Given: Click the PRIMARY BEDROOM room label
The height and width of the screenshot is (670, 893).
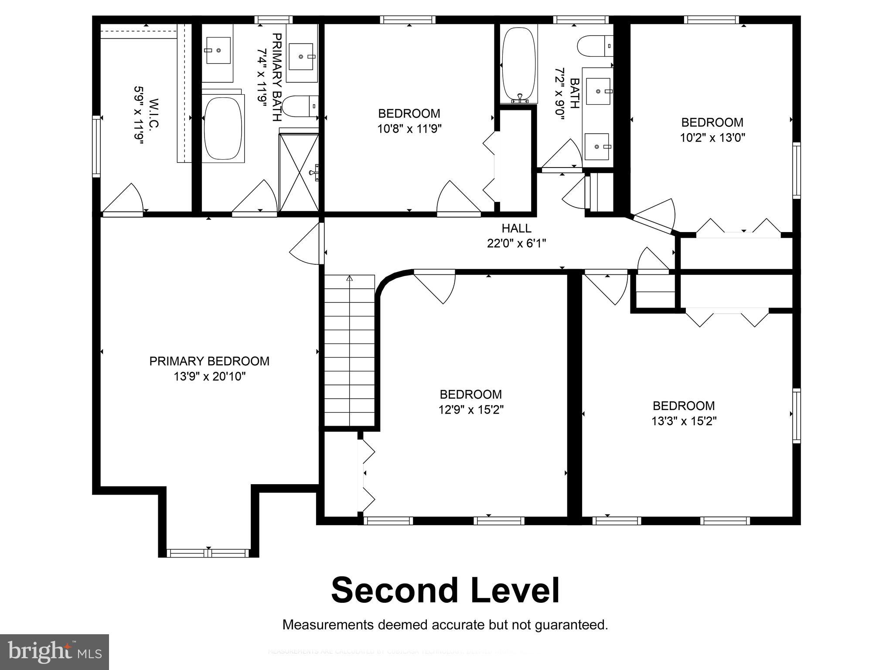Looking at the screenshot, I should [209, 361].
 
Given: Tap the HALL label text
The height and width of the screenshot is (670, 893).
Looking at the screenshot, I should [516, 228].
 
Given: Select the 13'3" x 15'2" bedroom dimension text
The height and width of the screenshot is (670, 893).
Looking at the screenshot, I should [684, 421].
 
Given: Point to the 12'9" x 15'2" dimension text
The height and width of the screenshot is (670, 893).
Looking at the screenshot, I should [471, 410].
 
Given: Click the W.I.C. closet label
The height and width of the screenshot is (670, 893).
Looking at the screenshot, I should [154, 114].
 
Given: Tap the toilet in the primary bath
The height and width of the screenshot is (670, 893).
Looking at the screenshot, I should [299, 106].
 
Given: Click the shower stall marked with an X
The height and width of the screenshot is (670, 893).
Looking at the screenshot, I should [299, 173].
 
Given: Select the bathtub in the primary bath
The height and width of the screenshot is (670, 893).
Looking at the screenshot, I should [223, 128].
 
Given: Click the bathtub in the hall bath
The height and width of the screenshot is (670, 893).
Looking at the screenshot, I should [518, 63].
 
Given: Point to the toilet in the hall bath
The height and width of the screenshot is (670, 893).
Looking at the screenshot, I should [595, 46].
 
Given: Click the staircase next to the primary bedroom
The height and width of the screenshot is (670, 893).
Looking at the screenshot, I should [349, 349].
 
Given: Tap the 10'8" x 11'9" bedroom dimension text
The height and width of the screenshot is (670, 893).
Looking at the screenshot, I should [409, 129].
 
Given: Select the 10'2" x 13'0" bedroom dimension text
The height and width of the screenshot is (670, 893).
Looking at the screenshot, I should [712, 138].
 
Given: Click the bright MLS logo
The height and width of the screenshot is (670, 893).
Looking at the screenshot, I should [54, 652].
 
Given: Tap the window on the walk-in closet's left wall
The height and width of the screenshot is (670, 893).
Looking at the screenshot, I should [96, 146].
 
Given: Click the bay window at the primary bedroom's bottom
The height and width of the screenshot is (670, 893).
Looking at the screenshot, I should [208, 553].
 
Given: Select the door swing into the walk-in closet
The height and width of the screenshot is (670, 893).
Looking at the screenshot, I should [124, 201].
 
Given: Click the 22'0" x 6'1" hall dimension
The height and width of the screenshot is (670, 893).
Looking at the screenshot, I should [516, 243].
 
